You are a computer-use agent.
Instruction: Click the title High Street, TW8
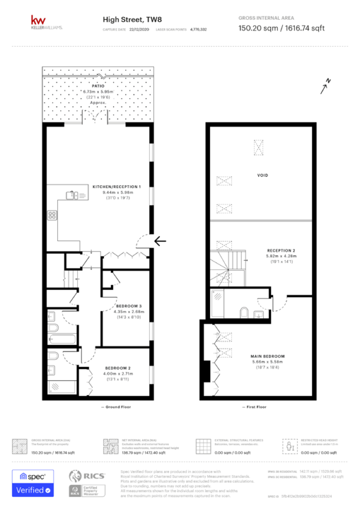click(127, 21)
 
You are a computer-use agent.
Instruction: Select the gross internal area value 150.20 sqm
click(257, 28)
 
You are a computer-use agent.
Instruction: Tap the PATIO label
click(98, 86)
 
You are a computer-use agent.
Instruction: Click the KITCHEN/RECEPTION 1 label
click(117, 187)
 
